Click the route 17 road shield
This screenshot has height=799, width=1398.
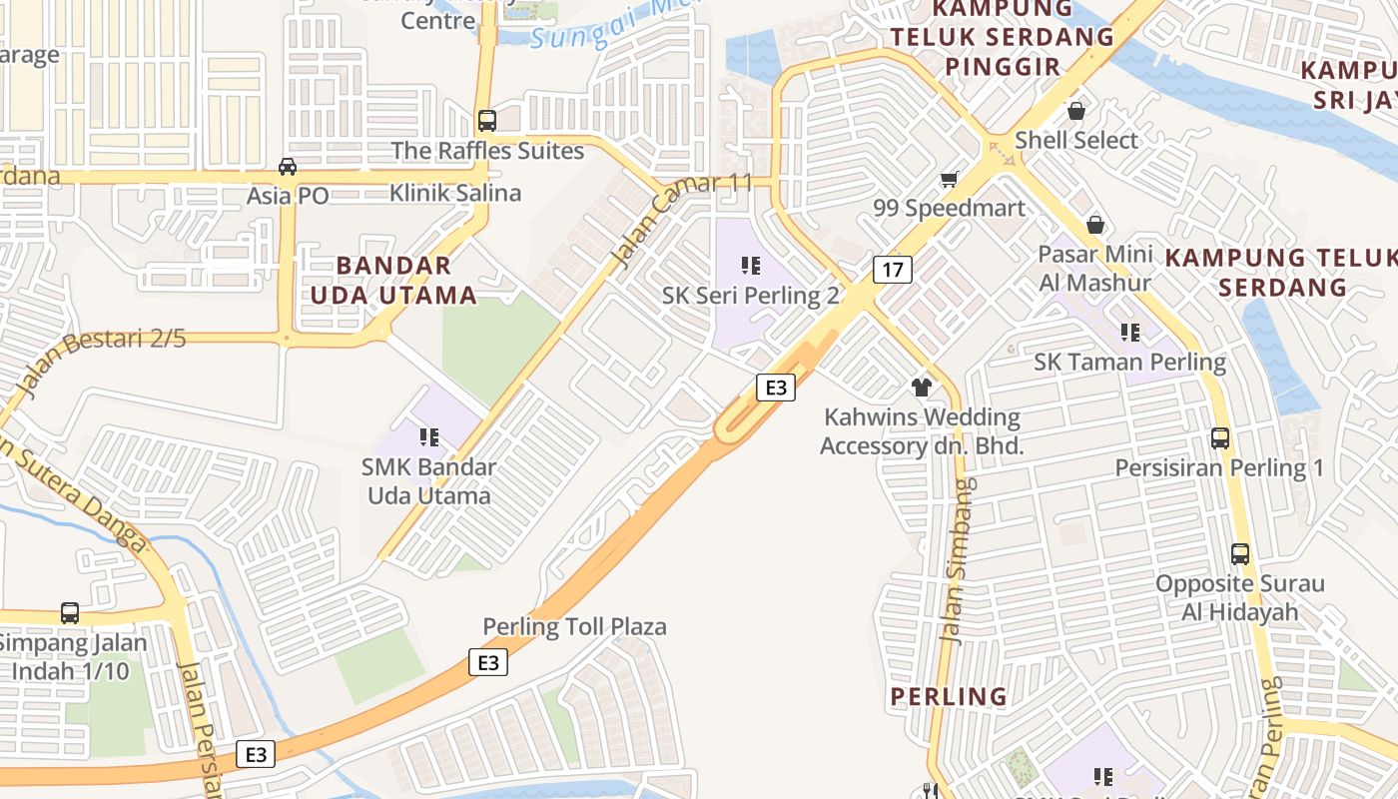coord(893,269)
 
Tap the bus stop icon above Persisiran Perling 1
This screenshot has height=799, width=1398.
coord(1219,437)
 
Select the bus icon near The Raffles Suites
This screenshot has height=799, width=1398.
coord(486,121)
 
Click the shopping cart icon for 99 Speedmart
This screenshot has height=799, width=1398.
coord(949,180)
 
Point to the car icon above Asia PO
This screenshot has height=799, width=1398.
coord(288,166)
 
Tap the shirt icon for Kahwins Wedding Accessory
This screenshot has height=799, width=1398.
coord(921,387)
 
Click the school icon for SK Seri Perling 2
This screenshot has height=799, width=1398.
coord(751,266)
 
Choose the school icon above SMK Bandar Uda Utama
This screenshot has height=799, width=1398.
coord(429,436)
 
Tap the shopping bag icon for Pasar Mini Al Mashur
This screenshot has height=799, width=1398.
coord(1095,225)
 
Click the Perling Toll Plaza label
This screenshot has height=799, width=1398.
coord(574,627)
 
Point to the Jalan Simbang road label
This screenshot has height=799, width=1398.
coord(959,561)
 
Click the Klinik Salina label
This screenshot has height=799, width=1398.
coord(455,193)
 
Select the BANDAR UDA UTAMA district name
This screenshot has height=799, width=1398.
coord(393,281)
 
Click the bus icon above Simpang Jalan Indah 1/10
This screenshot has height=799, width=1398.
coord(70,612)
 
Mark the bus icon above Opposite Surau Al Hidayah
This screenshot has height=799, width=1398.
coord(1239,553)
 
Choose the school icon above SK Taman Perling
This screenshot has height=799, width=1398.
coord(1129,332)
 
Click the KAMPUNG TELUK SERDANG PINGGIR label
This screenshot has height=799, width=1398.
coord(1002,38)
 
